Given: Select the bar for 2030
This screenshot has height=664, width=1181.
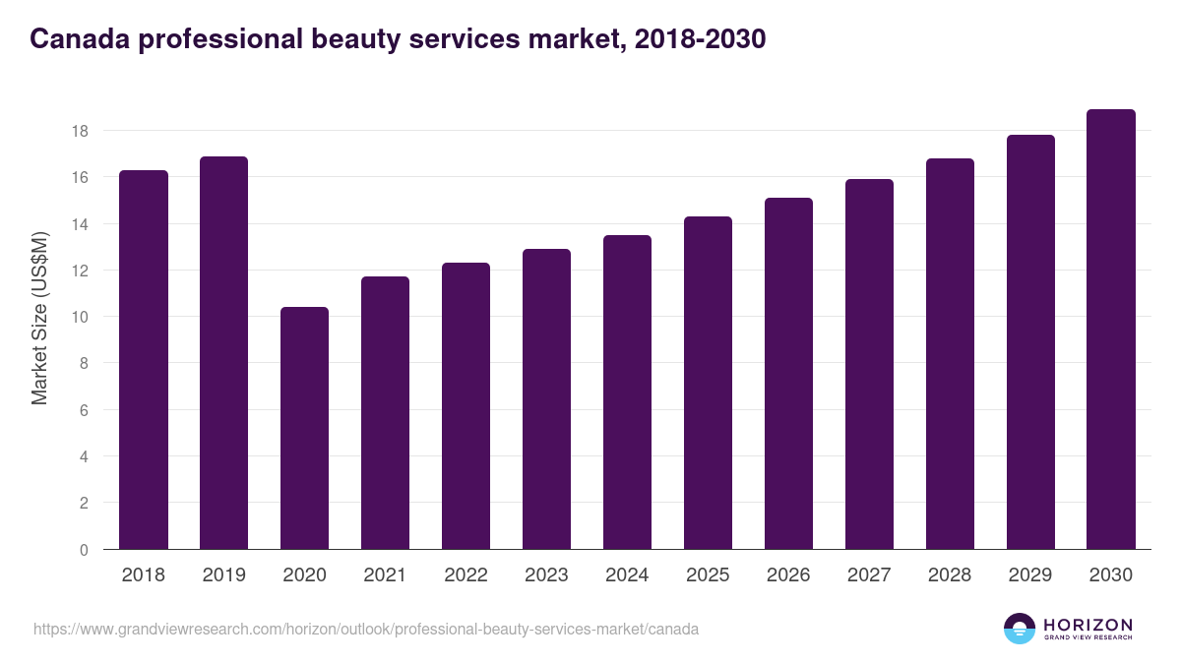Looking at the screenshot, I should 1111,330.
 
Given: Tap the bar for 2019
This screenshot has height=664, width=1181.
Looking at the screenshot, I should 223,353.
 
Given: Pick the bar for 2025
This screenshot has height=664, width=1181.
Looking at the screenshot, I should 708,383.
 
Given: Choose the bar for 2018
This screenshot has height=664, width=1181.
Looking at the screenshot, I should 143,360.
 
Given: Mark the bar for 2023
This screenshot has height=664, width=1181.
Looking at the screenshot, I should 546,399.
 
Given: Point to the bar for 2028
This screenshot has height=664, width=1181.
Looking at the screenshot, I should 950,354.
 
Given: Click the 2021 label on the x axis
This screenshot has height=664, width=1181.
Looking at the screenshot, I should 385,575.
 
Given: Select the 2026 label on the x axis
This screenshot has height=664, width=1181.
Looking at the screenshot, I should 788,575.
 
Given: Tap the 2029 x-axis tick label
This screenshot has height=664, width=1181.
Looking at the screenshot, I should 1030,575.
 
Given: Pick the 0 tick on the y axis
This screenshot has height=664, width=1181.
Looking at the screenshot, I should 85,550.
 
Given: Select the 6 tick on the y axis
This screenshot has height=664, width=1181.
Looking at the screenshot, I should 85,410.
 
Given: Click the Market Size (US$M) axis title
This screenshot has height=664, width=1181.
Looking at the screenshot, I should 39,318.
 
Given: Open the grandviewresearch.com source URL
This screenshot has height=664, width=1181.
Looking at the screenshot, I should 366,629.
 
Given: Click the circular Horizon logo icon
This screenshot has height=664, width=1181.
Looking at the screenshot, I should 1020,629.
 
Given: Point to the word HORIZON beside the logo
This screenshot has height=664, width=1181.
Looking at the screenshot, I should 1088,625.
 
